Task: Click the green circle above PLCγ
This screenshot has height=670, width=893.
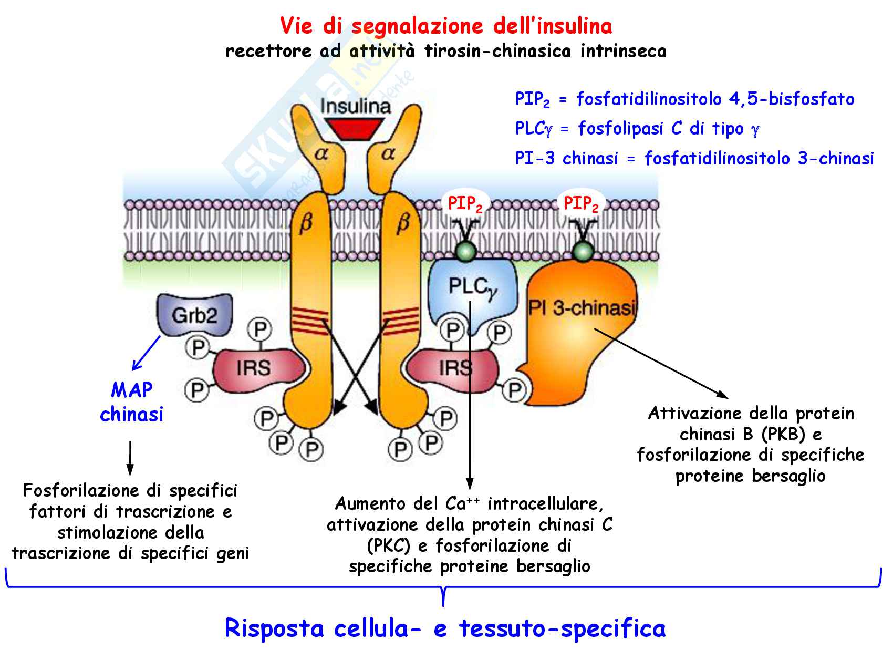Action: [465, 251]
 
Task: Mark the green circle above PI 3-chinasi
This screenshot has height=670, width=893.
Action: [582, 252]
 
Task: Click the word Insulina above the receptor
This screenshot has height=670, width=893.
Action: [356, 106]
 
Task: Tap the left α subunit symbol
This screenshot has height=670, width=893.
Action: [321, 153]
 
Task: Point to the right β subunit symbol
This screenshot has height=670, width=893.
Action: [403, 223]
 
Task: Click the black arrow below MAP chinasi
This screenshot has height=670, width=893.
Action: [130, 458]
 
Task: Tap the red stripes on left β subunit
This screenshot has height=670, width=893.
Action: [310, 321]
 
